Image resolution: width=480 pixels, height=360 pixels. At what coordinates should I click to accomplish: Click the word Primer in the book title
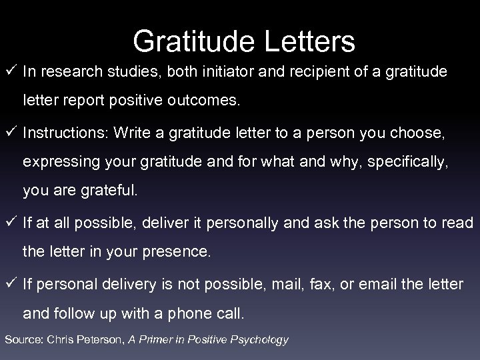click(163, 340)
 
